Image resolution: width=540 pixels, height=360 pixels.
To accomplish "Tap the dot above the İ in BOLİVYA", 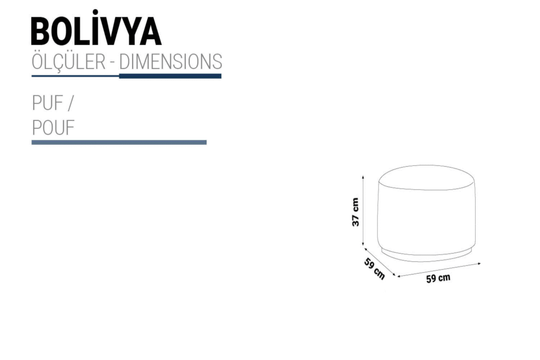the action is tap(95, 13).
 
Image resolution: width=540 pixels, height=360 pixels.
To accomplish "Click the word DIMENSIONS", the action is tap(170, 62).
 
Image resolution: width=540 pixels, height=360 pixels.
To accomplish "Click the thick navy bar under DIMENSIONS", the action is tap(170, 76).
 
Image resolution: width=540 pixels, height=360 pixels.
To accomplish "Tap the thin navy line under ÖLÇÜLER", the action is tap(75, 76).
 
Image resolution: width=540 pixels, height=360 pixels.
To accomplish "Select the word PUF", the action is tap(48, 103).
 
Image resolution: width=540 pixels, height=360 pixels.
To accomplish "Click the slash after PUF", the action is tap(71, 103).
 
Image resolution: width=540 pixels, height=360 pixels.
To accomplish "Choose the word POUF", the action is tap(53, 128).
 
